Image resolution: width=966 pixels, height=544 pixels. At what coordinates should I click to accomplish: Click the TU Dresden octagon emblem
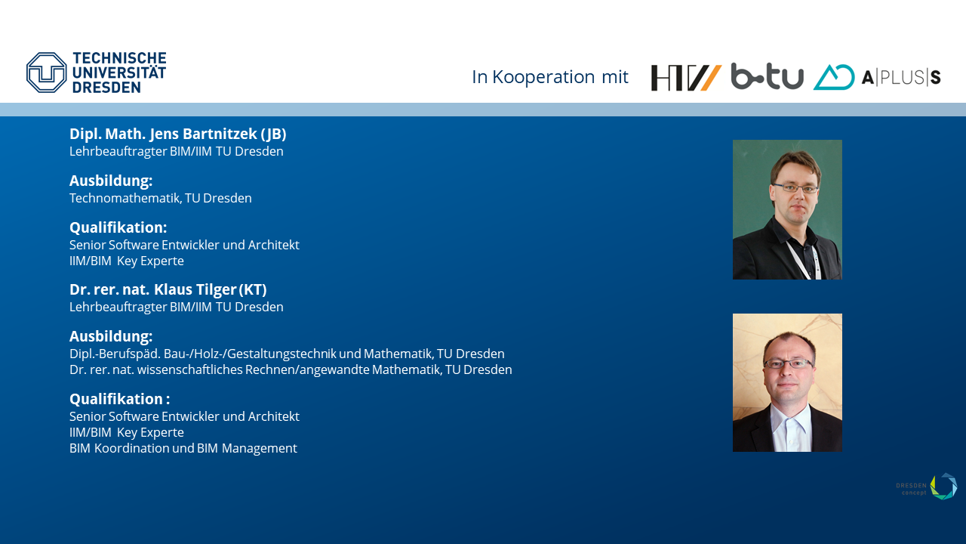47,73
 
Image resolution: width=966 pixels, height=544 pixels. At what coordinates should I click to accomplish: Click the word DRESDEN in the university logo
106,87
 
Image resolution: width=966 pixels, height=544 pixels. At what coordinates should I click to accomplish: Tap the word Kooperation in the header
544,77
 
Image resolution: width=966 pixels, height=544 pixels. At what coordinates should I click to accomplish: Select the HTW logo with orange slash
686,78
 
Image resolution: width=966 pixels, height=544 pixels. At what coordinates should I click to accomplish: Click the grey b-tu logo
768,76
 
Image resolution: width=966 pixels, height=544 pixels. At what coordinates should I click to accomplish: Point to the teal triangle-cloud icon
834,77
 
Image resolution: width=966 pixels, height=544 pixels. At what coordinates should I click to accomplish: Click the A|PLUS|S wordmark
901,77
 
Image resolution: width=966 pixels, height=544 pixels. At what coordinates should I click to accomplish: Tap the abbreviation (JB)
273,134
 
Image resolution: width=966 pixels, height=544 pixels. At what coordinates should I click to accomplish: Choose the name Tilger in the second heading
215,290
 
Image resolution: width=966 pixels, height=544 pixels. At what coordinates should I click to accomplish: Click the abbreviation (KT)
253,289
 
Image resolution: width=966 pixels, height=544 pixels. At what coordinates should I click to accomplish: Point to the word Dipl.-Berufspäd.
115,354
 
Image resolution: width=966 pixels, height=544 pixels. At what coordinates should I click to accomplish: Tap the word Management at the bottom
259,449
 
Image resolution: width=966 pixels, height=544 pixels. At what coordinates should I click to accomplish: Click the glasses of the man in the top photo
795,188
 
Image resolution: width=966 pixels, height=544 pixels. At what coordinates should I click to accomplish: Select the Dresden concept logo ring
943,486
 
